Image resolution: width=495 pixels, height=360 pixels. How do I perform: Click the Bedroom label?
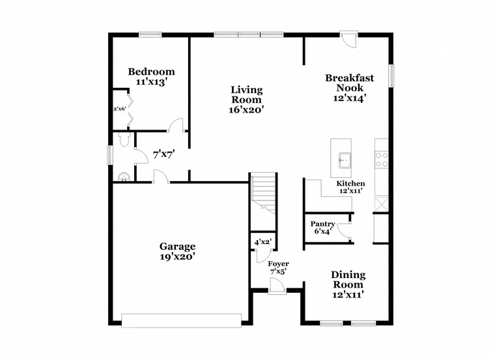pyautogui.click(x=151, y=72)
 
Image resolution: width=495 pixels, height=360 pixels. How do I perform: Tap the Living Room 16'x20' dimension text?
pyautogui.click(x=246, y=110)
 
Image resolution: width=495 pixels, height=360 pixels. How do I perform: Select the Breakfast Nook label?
pyautogui.click(x=350, y=83)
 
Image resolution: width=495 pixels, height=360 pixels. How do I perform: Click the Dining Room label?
pyautogui.click(x=348, y=279)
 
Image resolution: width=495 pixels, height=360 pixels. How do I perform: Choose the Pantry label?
pyautogui.click(x=322, y=224)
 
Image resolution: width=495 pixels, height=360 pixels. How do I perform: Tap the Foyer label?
pyautogui.click(x=279, y=264)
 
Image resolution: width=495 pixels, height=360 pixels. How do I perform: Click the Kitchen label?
pyautogui.click(x=350, y=184)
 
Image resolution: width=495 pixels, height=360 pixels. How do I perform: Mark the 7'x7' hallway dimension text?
pyautogui.click(x=164, y=155)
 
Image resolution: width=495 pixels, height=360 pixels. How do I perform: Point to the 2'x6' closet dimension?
pyautogui.click(x=120, y=109)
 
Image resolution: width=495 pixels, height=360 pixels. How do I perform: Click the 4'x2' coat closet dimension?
pyautogui.click(x=263, y=242)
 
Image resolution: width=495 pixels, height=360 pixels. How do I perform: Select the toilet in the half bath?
pyautogui.click(x=124, y=139)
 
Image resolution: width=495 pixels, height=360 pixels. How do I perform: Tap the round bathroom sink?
pyautogui.click(x=124, y=177)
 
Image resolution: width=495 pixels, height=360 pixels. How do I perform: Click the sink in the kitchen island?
pyautogui.click(x=345, y=160)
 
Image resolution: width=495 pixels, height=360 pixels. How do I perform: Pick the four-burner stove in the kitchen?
pyautogui.click(x=382, y=159)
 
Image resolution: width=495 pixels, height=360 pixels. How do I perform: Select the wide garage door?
pyautogui.click(x=182, y=320)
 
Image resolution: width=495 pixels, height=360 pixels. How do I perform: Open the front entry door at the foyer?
pyautogui.click(x=277, y=286)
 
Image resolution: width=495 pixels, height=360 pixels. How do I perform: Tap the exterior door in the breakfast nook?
pyautogui.click(x=349, y=39)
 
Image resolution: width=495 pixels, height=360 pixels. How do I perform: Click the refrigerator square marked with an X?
pyautogui.click(x=382, y=204)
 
